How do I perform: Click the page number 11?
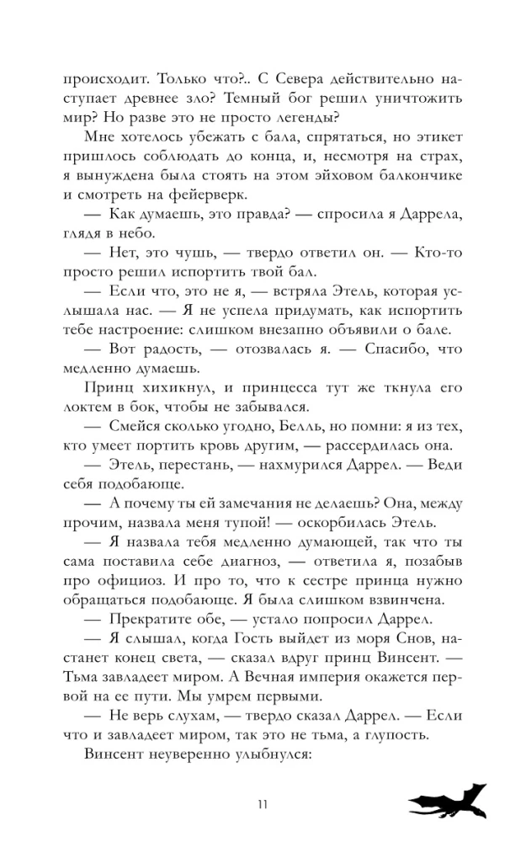(x=263, y=802)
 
